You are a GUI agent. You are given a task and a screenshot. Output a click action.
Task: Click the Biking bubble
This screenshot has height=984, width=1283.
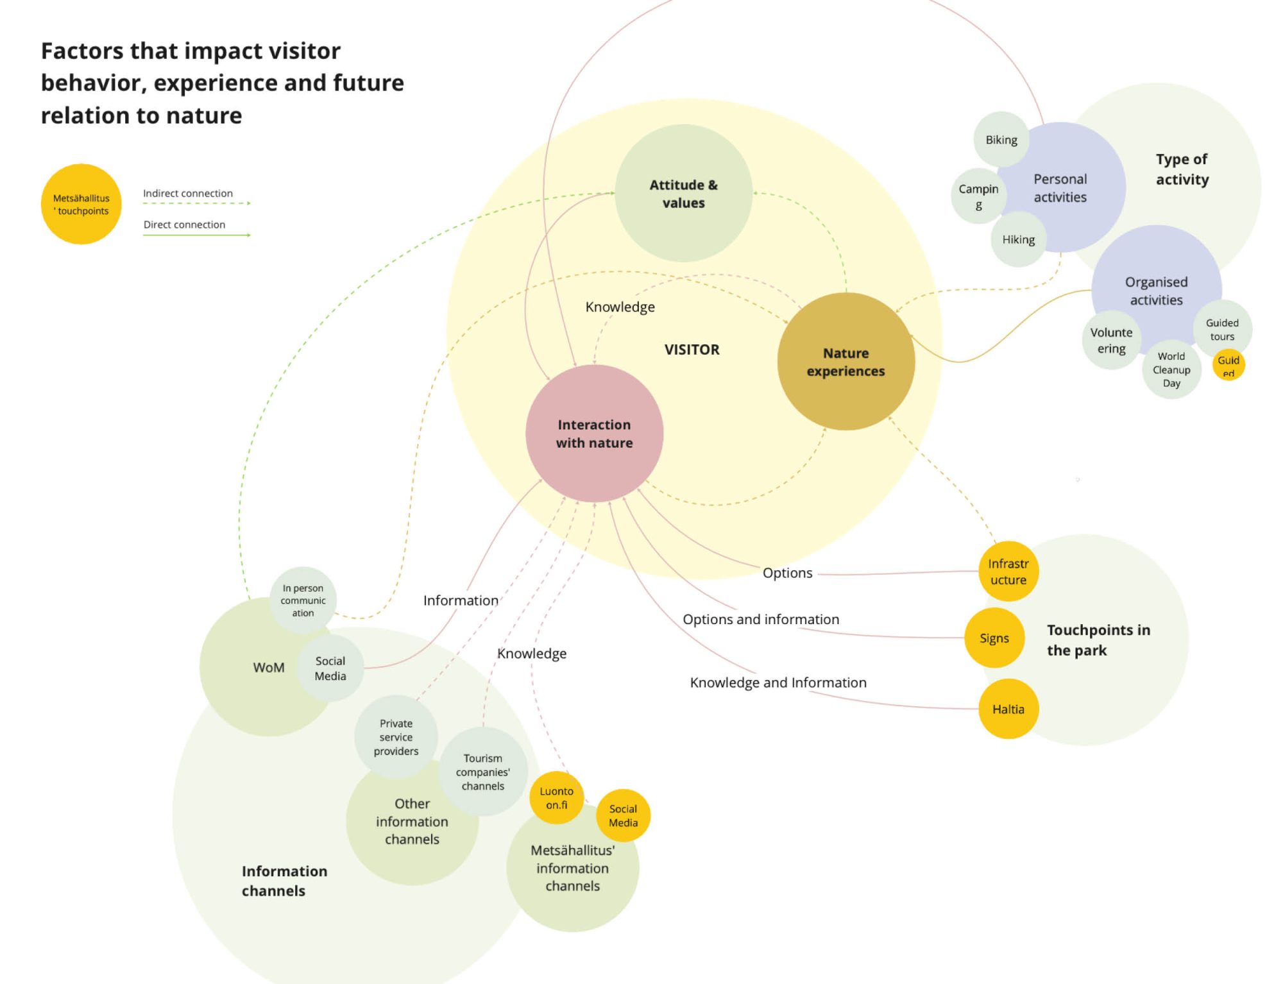[1001, 139]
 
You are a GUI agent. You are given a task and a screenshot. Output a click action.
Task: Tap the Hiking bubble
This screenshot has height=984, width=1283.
[1018, 239]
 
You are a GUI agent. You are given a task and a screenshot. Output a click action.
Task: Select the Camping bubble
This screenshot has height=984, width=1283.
[978, 196]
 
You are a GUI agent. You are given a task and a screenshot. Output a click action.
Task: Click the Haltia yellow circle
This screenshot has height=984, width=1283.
[1008, 709]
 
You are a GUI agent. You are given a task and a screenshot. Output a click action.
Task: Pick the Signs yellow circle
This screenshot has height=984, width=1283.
[994, 638]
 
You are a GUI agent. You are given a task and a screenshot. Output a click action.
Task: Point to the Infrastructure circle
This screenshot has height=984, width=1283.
[1008, 571]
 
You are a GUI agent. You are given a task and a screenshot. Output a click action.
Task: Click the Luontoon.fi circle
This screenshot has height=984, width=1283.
[556, 797]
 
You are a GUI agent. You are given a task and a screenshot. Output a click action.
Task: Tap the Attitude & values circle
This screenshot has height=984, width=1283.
[683, 193]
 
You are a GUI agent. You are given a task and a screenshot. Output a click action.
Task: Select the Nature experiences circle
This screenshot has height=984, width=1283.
[845, 361]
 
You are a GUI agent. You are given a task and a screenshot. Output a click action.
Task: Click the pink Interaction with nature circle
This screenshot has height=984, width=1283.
[594, 433]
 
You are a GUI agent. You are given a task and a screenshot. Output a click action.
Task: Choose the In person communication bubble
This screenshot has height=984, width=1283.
[303, 600]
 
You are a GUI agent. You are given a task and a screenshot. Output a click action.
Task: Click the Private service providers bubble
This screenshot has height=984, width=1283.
[396, 736]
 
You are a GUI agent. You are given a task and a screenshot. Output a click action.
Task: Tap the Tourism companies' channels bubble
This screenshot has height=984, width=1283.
[482, 771]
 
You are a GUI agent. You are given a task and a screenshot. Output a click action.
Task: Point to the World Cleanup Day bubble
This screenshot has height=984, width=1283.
[1171, 369]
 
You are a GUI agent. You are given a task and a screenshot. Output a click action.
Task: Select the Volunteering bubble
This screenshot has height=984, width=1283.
[1111, 340]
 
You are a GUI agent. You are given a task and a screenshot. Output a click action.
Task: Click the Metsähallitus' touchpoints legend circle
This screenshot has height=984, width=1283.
[81, 204]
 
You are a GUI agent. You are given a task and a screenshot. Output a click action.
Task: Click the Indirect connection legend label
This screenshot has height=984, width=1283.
[187, 193]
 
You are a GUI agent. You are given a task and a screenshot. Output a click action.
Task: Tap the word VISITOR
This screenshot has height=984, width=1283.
[692, 350]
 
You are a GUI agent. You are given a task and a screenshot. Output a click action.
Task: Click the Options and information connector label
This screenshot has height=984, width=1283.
[760, 619]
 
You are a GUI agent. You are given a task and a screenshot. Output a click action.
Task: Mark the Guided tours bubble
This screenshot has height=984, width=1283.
[1221, 328]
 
